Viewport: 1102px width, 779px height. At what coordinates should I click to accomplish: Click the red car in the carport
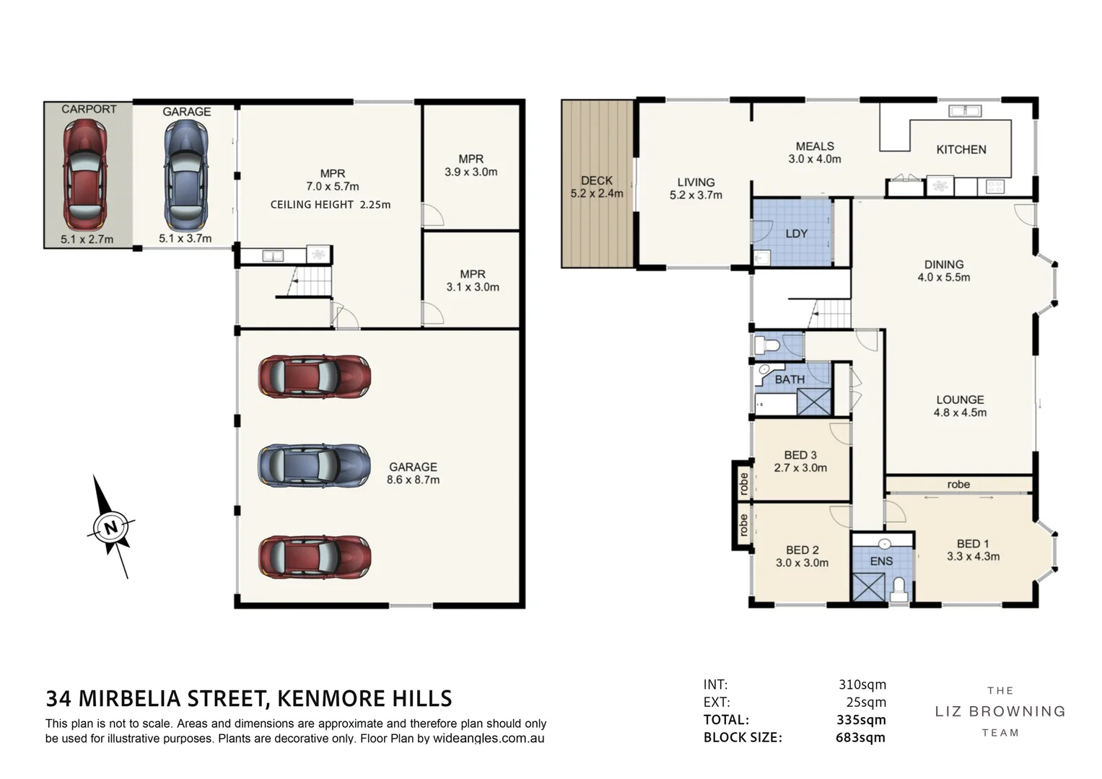click(84, 174)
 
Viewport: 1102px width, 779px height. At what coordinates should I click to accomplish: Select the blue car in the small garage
click(186, 175)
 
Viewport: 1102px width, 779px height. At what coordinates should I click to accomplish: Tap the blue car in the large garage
click(315, 466)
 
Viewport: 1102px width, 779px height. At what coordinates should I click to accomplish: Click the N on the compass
click(111, 527)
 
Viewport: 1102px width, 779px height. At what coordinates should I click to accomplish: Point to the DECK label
click(597, 180)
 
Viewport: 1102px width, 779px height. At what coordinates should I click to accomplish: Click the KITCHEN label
click(961, 149)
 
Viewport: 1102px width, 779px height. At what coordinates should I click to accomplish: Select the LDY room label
click(796, 234)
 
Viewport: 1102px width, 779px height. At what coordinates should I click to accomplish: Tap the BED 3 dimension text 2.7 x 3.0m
click(800, 467)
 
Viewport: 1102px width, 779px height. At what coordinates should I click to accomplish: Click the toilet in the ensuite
click(898, 589)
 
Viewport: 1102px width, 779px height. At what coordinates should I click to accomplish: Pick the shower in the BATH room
click(814, 402)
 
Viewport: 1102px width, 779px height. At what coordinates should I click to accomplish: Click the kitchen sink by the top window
click(965, 111)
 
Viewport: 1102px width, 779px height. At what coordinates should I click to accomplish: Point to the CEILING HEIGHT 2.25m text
click(331, 205)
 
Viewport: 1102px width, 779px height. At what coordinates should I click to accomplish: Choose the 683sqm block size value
click(860, 737)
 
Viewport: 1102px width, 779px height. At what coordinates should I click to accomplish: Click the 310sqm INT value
click(862, 685)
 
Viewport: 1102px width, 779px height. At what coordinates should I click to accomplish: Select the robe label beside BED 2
click(743, 525)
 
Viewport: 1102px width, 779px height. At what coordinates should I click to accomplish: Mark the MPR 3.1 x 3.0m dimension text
click(473, 287)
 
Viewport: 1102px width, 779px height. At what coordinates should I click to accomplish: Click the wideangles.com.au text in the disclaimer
click(489, 739)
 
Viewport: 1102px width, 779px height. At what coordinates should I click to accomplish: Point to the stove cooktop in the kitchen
click(994, 186)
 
